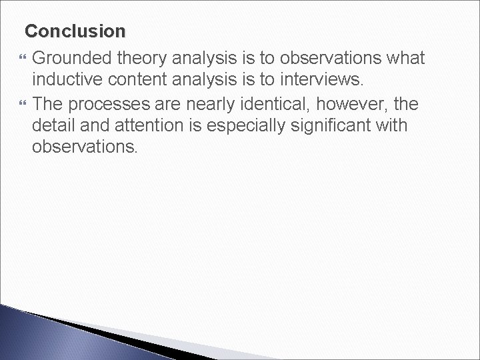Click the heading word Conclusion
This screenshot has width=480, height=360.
pos(75,31)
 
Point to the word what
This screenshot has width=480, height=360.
pos(403,59)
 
